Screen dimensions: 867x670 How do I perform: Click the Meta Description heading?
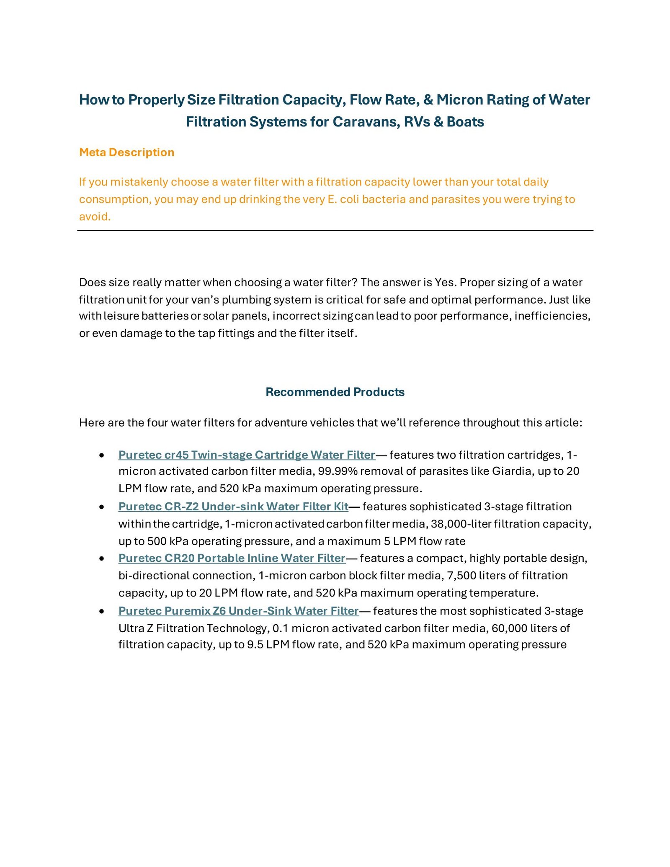coord(126,152)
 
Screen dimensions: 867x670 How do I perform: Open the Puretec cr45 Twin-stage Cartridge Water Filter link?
coord(247,455)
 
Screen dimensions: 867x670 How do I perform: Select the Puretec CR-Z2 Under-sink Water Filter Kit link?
coord(233,507)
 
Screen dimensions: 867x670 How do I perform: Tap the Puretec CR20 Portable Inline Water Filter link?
coord(232,558)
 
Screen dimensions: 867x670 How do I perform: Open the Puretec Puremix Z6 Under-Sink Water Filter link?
coord(238,611)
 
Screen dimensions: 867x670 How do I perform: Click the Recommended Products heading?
coord(335,392)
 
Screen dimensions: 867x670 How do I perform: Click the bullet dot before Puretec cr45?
coord(101,455)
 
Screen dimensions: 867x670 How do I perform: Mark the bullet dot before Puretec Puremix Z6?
coord(101,612)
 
